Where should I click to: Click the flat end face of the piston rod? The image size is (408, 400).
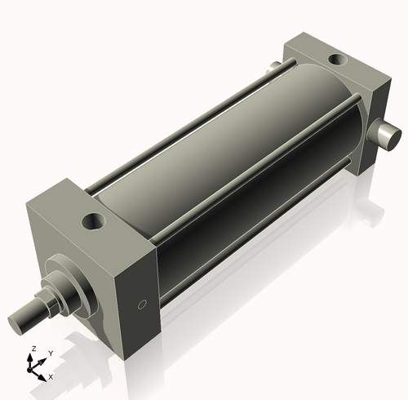16,319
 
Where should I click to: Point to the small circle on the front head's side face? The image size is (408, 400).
142,305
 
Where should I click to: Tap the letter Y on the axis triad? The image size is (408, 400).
51,353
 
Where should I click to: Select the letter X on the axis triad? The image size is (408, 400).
51,377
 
